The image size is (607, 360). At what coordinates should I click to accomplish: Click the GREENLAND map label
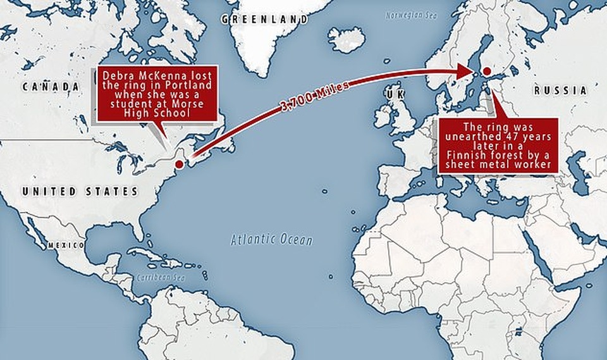(265, 20)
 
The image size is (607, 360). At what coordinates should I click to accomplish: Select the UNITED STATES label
(79, 191)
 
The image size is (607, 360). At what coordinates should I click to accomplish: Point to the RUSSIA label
(560, 91)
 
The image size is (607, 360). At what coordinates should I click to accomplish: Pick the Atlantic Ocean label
(271, 240)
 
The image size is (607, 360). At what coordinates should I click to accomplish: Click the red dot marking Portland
(179, 164)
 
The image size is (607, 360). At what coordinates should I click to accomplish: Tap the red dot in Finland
(486, 71)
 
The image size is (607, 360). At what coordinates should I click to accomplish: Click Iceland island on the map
(346, 40)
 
